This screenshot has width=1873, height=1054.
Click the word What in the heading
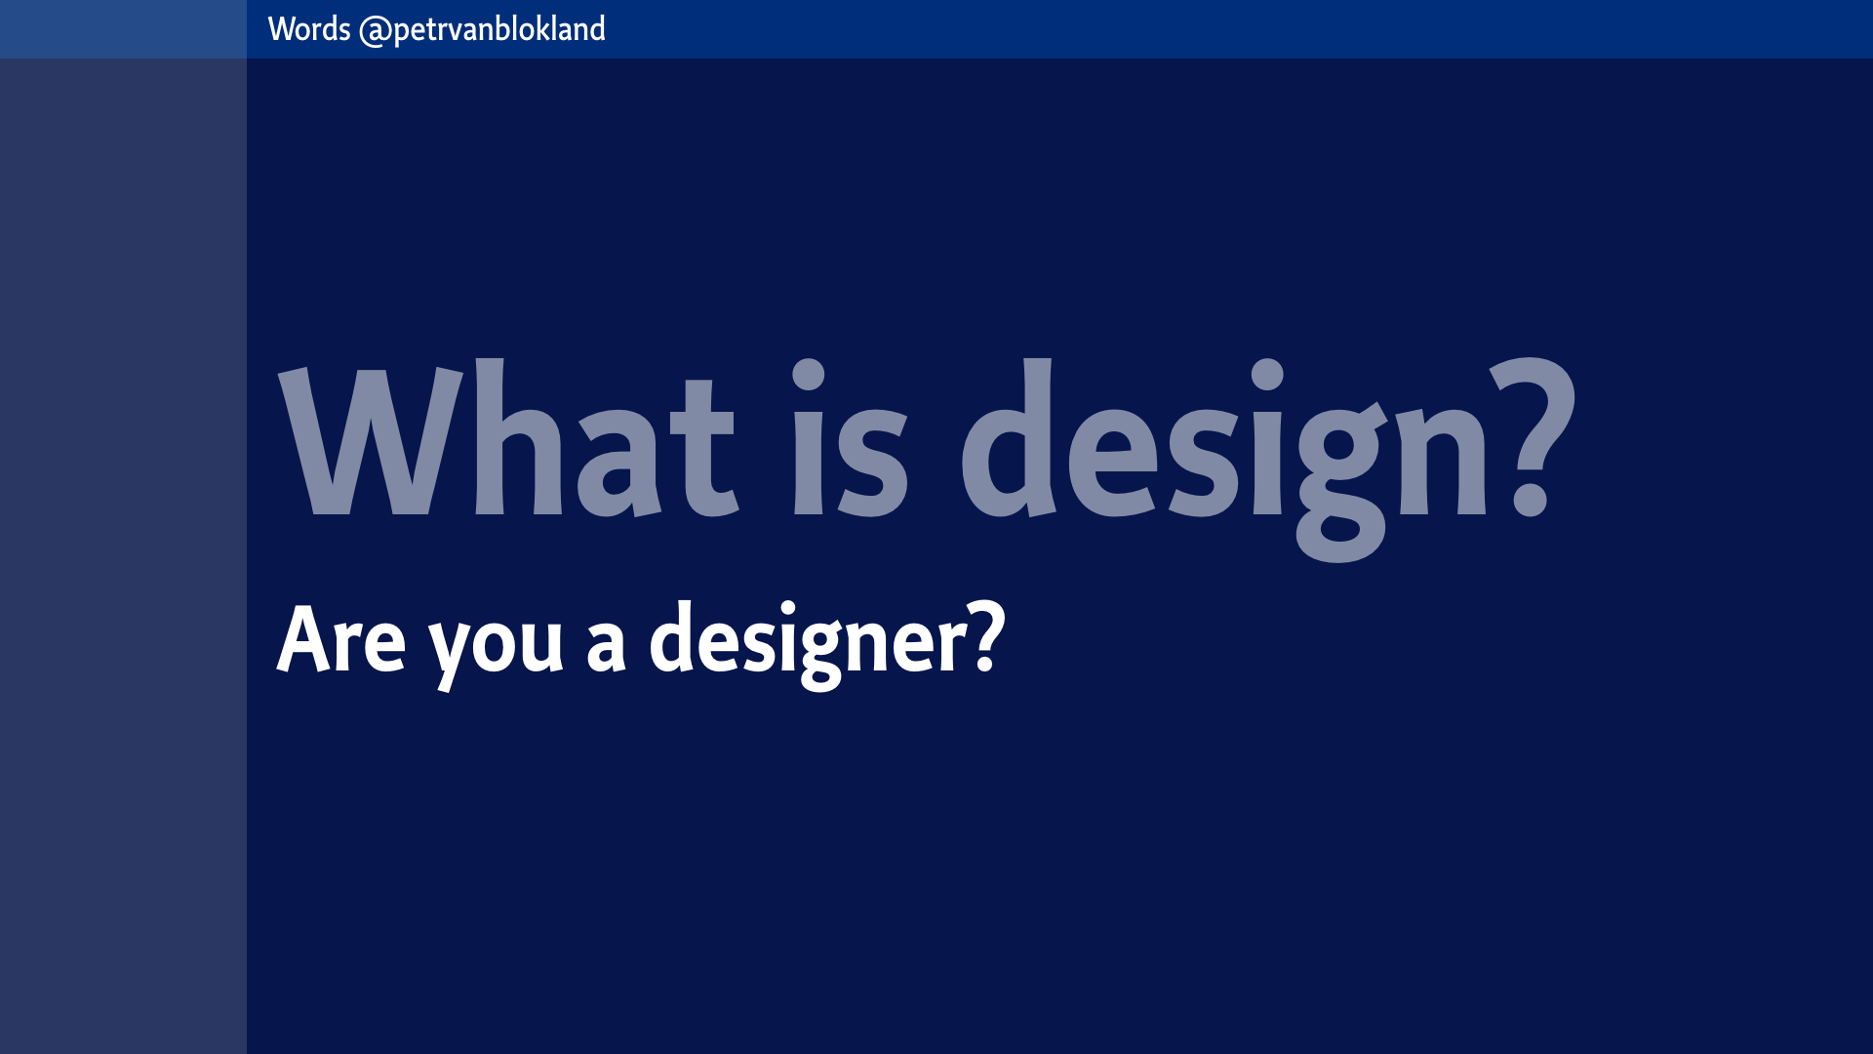coord(508,437)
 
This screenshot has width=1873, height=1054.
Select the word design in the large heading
coord(1224,460)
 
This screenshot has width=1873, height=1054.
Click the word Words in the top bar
coord(309,29)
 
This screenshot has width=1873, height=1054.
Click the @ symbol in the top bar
coord(376,31)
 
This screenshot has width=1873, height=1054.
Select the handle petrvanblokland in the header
coord(499,30)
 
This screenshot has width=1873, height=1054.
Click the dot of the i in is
coord(809,374)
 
